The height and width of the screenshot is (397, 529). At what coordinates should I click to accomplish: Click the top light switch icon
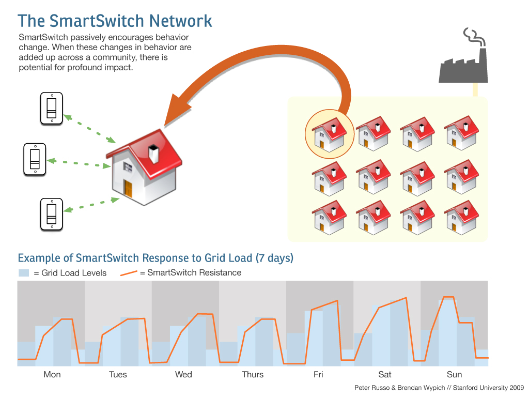[52, 109]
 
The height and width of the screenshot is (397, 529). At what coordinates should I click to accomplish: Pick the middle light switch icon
[35, 159]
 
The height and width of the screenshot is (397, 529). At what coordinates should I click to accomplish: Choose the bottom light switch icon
[51, 214]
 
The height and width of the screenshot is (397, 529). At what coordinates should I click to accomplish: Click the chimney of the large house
[154, 154]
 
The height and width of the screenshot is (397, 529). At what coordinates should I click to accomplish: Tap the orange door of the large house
[128, 189]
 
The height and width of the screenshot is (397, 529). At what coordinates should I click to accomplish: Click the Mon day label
[52, 375]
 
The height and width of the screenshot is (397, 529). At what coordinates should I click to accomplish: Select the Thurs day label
[253, 375]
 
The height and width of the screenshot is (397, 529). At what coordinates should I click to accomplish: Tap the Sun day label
[454, 375]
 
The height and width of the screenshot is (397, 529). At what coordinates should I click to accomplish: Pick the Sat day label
[385, 375]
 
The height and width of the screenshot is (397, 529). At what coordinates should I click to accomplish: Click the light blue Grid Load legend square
[24, 273]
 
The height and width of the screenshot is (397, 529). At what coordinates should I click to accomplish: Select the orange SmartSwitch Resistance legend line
[129, 273]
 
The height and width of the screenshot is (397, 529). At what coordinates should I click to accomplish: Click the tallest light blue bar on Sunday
[447, 331]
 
